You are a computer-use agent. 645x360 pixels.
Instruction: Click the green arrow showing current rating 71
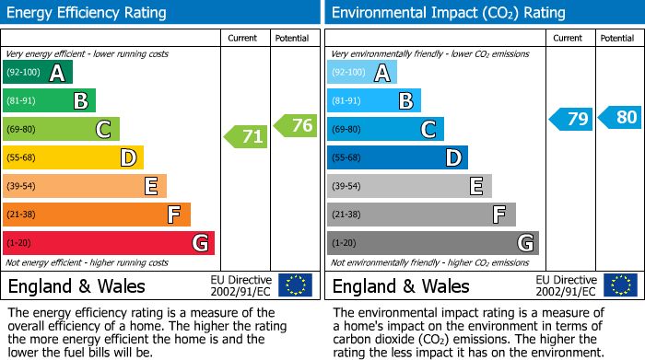(246, 137)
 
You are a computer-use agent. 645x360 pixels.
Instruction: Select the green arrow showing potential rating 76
(296, 125)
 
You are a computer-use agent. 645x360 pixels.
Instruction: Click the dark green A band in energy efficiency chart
(38, 73)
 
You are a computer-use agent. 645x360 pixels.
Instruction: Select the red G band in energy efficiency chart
(109, 243)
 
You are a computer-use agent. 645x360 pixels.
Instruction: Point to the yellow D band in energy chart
(73, 158)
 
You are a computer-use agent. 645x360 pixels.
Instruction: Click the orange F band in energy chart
(97, 215)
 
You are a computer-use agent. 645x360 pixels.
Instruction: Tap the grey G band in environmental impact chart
(432, 243)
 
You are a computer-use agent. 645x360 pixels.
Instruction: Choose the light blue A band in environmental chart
(362, 73)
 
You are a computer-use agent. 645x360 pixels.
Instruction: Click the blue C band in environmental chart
(385, 130)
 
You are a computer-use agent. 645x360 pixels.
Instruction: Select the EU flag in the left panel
(295, 285)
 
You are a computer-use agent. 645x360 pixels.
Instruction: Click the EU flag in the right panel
(619, 285)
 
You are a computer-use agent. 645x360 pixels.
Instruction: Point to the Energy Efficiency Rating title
(88, 13)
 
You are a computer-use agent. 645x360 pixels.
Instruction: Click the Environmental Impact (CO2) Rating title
(448, 13)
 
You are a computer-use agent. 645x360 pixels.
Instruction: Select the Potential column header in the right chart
(617, 38)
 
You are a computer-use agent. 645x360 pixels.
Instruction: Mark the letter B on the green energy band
(80, 101)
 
